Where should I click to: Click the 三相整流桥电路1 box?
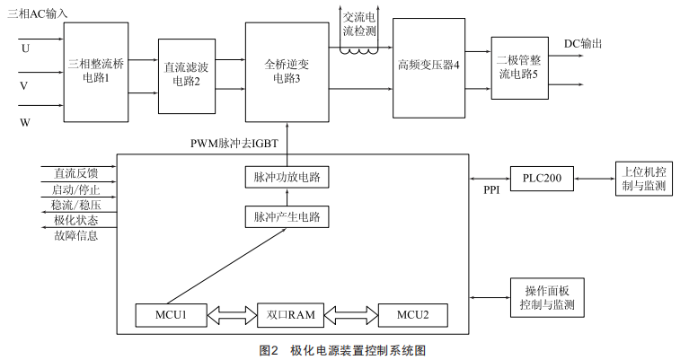pos(94,72)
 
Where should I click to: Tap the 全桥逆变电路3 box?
pos(287,72)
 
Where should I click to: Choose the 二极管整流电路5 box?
pos(518,68)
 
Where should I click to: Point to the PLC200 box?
pos(542,179)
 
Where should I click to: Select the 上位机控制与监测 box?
pos(643,179)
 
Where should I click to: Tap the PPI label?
pos(491,190)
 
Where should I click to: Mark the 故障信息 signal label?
pos(75,236)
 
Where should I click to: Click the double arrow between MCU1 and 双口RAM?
pos(231,315)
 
